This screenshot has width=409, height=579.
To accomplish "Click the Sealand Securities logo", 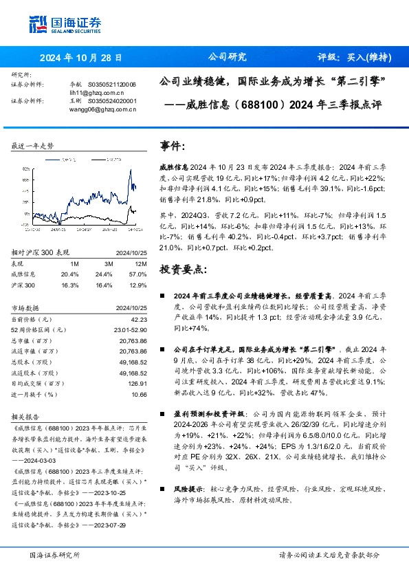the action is [x=65, y=24].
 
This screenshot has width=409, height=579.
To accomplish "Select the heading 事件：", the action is [x=173, y=146].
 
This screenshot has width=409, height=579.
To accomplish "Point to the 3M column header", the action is [x=108, y=263].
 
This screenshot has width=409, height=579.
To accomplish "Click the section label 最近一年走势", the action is [x=33, y=146].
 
